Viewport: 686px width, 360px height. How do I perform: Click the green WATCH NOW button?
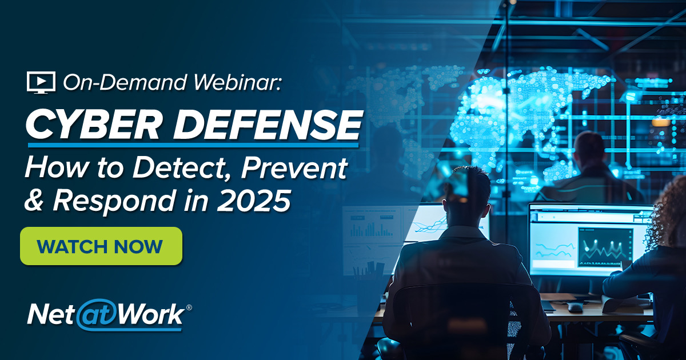[101, 246]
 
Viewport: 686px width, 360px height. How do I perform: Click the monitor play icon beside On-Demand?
[41, 82]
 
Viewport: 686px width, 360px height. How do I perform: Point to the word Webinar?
[241, 83]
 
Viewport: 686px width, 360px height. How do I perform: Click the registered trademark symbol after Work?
[189, 307]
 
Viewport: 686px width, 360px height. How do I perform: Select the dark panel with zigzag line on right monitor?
[605, 246]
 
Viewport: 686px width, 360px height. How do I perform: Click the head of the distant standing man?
[589, 149]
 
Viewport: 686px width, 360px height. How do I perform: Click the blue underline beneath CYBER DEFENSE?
[194, 145]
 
